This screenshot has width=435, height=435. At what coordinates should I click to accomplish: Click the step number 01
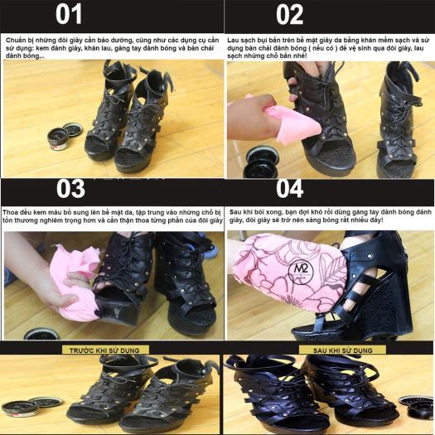click(x=69, y=14)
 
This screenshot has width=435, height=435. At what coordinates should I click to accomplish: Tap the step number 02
click(x=289, y=14)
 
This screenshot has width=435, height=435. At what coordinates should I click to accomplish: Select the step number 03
click(x=70, y=189)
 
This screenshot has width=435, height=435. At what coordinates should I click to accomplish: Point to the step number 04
click(x=289, y=189)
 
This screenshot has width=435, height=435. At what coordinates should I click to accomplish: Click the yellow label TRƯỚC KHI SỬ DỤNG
click(x=104, y=350)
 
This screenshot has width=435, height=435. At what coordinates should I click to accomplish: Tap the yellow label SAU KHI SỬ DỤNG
click(x=343, y=350)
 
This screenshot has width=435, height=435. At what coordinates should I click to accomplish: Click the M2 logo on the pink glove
click(x=301, y=270)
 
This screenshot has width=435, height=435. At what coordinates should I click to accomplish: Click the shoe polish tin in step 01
click(x=64, y=137)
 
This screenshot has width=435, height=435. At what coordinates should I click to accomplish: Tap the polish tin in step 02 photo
click(x=261, y=162)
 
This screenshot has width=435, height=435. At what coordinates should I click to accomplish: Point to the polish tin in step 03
click(x=41, y=334)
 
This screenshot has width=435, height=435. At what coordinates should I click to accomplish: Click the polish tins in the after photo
click(x=416, y=408)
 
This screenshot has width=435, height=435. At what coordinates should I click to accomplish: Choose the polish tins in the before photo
click(x=31, y=407)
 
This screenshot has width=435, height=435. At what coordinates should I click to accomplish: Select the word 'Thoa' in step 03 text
click(x=10, y=213)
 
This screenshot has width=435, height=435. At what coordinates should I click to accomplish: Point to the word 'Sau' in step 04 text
click(x=235, y=212)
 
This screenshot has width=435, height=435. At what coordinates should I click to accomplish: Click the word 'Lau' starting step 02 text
click(x=234, y=41)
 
